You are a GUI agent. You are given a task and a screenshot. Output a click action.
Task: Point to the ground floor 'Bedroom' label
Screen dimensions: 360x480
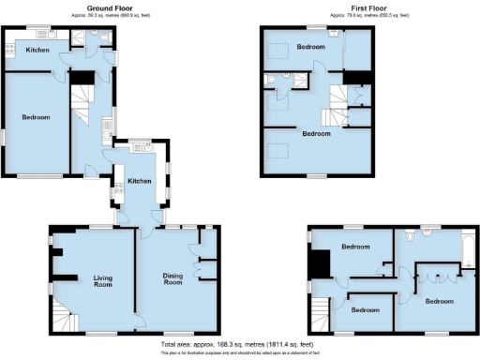click(36, 117)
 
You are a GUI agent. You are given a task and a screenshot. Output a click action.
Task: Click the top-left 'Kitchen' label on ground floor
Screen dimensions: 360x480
click(37, 50)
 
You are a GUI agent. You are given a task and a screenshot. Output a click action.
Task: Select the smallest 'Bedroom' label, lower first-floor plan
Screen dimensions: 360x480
click(366, 309)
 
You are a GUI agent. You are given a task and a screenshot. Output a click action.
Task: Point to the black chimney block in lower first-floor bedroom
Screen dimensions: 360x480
click(321, 264)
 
